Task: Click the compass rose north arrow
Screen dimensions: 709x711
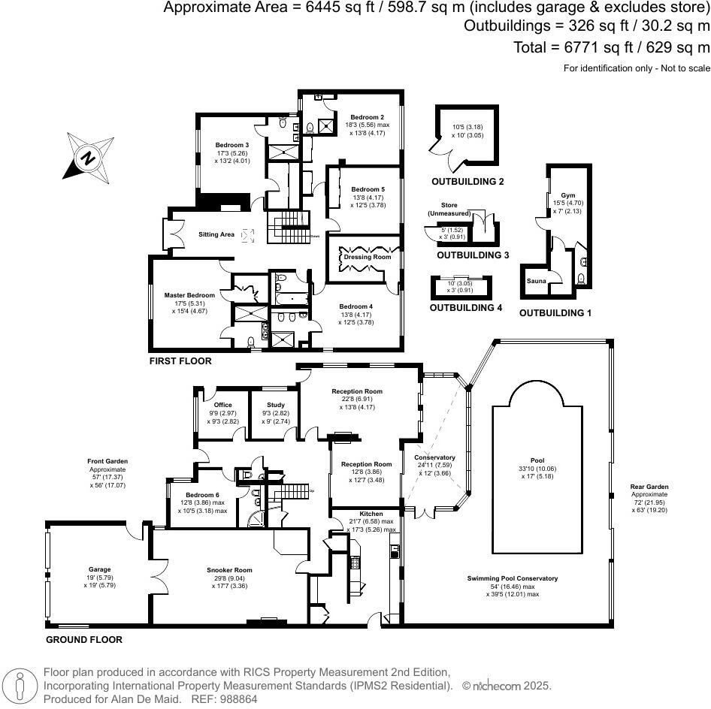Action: [x=88, y=158]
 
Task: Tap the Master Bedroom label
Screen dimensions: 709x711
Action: [x=189, y=295]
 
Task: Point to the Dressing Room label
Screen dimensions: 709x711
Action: [x=367, y=257]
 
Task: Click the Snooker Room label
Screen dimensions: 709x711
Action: [x=227, y=569]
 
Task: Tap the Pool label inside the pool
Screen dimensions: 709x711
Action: [x=537, y=460]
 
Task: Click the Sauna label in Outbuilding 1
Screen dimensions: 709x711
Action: [x=536, y=281]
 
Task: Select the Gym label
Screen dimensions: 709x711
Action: [x=557, y=195]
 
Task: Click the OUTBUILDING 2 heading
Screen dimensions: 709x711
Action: [x=467, y=182]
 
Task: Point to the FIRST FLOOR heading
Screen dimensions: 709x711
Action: [x=181, y=361]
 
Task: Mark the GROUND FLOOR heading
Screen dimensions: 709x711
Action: [x=84, y=640]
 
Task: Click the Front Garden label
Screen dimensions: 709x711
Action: [x=106, y=461]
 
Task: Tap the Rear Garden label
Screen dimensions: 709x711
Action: [x=649, y=486]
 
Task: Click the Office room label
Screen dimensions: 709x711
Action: [x=222, y=405]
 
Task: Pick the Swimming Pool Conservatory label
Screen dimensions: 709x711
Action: [x=513, y=578]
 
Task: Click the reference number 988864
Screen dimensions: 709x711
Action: [x=236, y=698]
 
